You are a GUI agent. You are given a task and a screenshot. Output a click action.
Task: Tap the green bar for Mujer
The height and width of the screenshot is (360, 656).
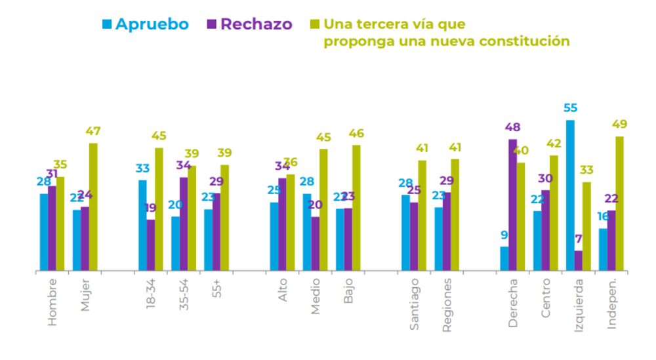click(93, 207)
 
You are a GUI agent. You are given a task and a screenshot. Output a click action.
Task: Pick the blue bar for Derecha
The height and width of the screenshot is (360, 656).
click(504, 258)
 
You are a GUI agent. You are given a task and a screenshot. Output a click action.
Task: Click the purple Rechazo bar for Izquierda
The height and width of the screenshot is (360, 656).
click(579, 260)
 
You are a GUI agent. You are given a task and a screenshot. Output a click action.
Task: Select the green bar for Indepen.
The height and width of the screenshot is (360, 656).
click(619, 203)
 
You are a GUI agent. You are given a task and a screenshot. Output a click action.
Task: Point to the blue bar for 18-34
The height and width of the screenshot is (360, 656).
click(142, 225)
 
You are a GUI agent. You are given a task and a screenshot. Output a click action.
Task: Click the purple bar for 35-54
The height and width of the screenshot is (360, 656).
click(184, 224)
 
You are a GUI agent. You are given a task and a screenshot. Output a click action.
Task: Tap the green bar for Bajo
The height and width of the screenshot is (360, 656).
click(356, 208)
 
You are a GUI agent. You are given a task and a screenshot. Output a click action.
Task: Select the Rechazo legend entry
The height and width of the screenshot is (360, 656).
click(250, 24)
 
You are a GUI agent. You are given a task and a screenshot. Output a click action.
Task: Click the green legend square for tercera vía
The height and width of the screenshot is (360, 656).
click(314, 24)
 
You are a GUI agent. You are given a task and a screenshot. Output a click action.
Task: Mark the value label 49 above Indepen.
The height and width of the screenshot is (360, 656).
click(619, 125)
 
